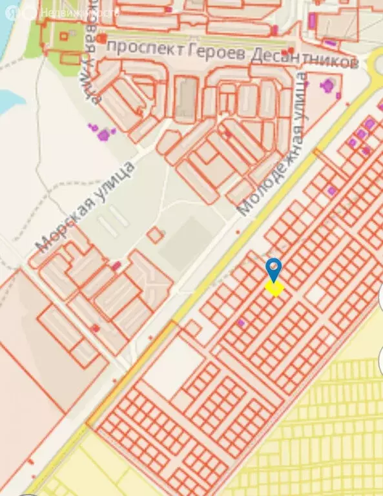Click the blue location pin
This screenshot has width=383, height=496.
(x=274, y=267)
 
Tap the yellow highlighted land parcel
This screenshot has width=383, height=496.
(x=275, y=287)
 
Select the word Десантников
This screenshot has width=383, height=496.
(x=304, y=60)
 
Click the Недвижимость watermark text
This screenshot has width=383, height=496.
(x=79, y=12)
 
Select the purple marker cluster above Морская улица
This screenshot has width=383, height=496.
(x=102, y=134)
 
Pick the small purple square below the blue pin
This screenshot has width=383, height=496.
(x=241, y=322)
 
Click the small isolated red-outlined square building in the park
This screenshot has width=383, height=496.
(x=155, y=235)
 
